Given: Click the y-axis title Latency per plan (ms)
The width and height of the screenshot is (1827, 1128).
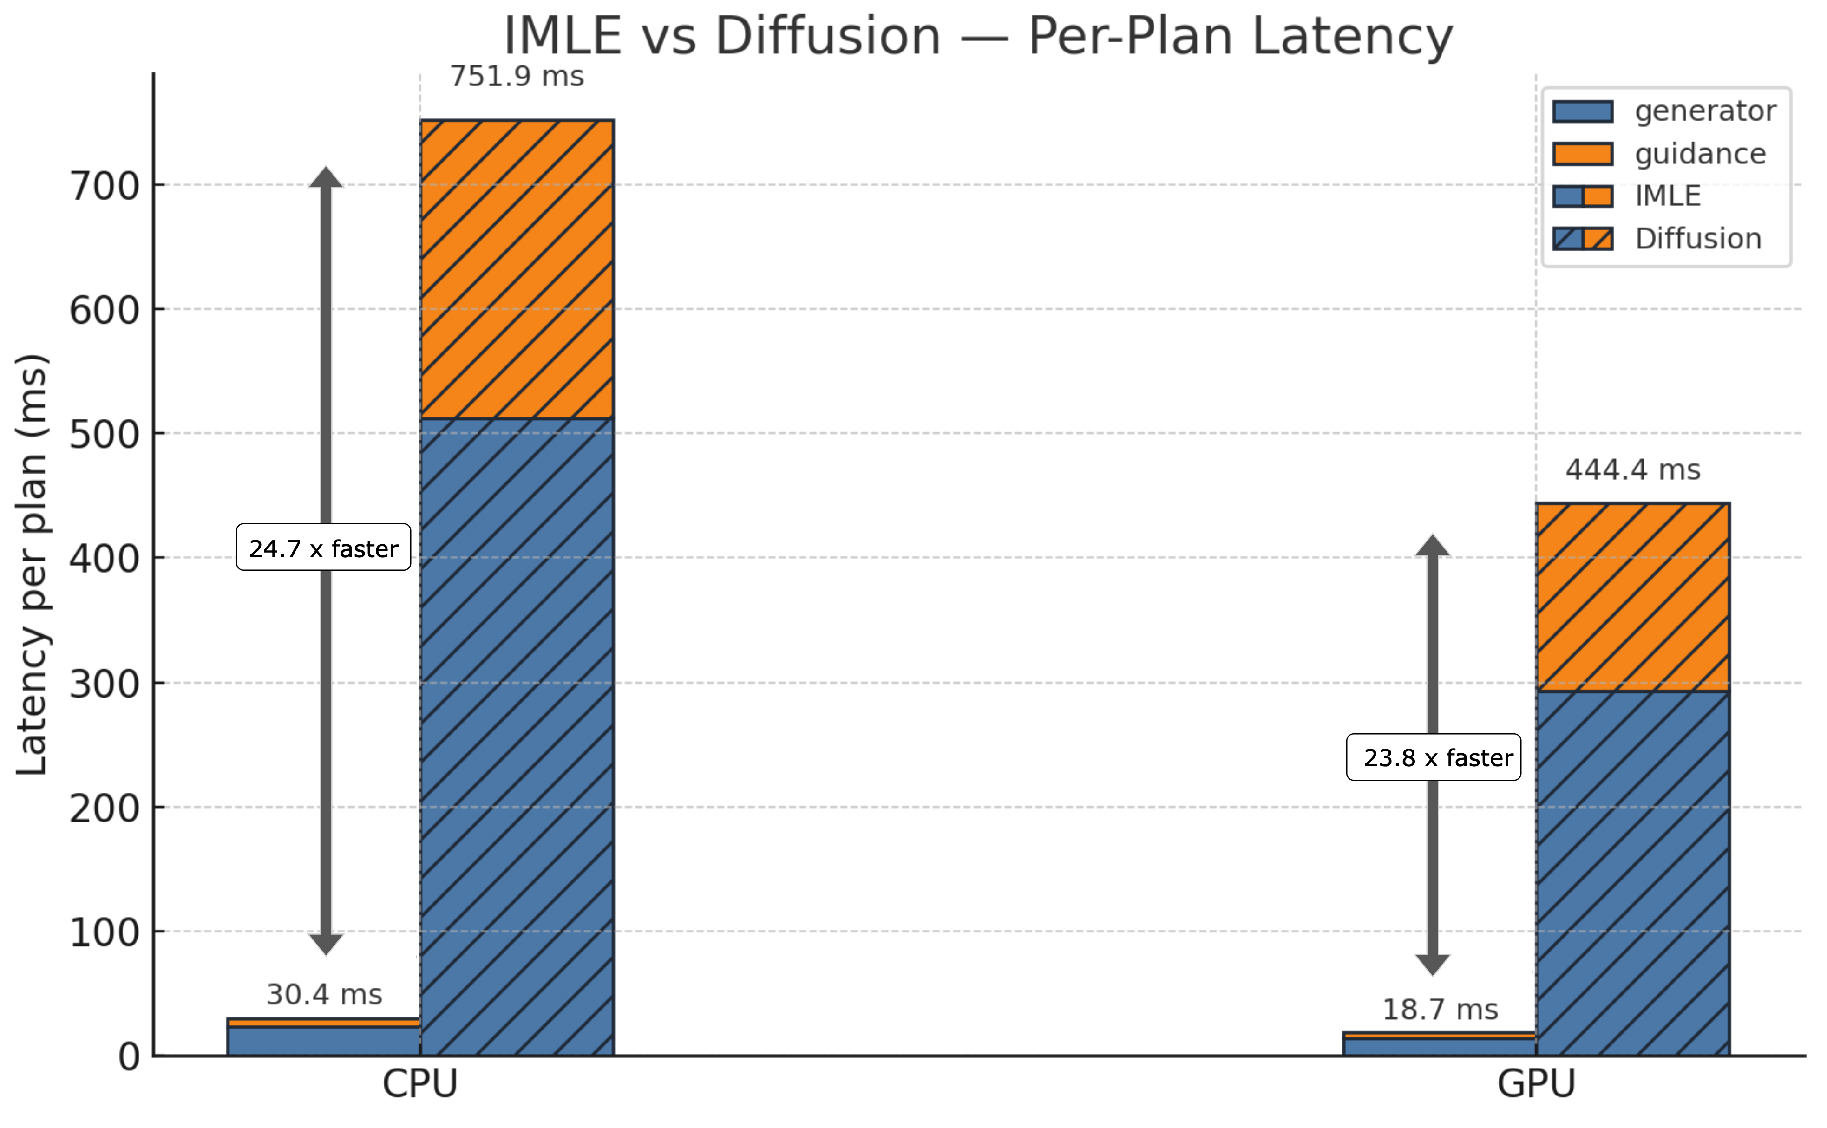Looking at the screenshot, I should [x=33, y=565].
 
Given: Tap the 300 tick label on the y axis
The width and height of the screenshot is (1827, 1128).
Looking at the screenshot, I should [x=105, y=684].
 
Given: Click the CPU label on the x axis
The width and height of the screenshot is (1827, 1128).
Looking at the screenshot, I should [x=419, y=1083].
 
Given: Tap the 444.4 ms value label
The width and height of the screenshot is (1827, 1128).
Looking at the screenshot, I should [x=1632, y=470].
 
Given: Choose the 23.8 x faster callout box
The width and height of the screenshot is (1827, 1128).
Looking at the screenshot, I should [x=1433, y=757].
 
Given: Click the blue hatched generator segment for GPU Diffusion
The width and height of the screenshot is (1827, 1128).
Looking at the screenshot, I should [x=1632, y=873].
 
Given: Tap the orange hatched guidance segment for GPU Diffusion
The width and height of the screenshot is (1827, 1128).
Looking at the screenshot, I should [x=1632, y=597].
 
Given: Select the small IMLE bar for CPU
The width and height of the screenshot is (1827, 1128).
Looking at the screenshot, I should [x=324, y=1038].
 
